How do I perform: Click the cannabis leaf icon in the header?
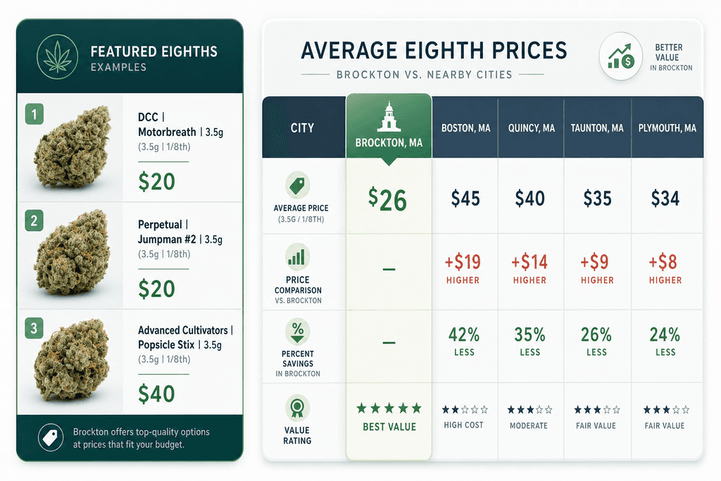[58, 57]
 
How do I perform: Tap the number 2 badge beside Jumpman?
[34, 221]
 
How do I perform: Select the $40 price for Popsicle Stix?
[156, 394]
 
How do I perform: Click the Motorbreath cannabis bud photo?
[73, 146]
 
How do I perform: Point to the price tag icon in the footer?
[51, 437]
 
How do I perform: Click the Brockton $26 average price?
[388, 199]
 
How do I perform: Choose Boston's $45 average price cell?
[465, 199]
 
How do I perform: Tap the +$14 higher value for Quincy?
[529, 262]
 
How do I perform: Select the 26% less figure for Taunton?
[596, 335]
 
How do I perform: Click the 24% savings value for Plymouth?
[665, 335]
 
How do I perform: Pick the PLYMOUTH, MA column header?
[667, 128]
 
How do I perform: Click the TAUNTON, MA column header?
[597, 128]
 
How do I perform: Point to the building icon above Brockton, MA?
[389, 117]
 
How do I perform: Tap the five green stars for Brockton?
[389, 408]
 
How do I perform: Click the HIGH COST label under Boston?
[463, 425]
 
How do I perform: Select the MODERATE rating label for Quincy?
[529, 426]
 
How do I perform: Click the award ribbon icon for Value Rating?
[297, 407]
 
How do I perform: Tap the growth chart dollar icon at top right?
[621, 56]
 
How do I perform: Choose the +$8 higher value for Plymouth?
[663, 262]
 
